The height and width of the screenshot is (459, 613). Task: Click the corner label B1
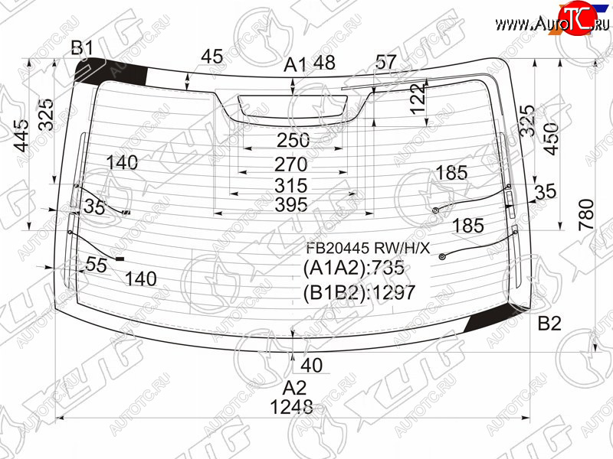pos(82,48)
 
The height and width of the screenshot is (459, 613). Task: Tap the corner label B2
pos(549,324)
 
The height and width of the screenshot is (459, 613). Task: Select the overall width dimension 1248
pos(291,408)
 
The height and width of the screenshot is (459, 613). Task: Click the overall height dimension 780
pos(587,214)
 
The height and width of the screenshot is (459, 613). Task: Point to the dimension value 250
pos(293,140)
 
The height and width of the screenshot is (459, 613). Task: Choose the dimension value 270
pos(291,164)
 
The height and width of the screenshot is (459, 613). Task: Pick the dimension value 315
pos(291,185)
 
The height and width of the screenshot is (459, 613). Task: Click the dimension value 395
pos(291,204)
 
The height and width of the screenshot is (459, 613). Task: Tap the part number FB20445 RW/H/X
pos(367,248)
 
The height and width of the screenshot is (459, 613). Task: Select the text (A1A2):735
pos(354,269)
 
